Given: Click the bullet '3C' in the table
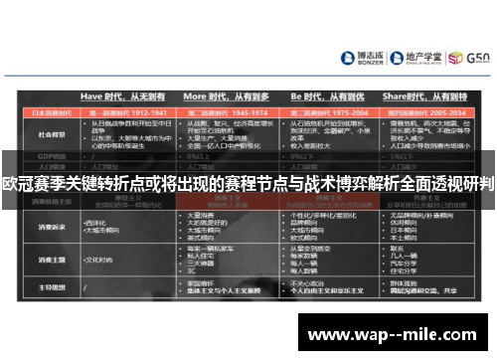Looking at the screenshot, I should click(x=195, y=266).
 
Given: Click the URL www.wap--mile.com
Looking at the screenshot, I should click(x=398, y=334).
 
